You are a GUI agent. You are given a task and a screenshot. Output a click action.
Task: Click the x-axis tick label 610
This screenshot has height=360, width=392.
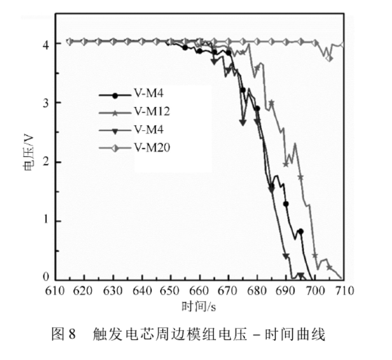(x=55, y=291)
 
